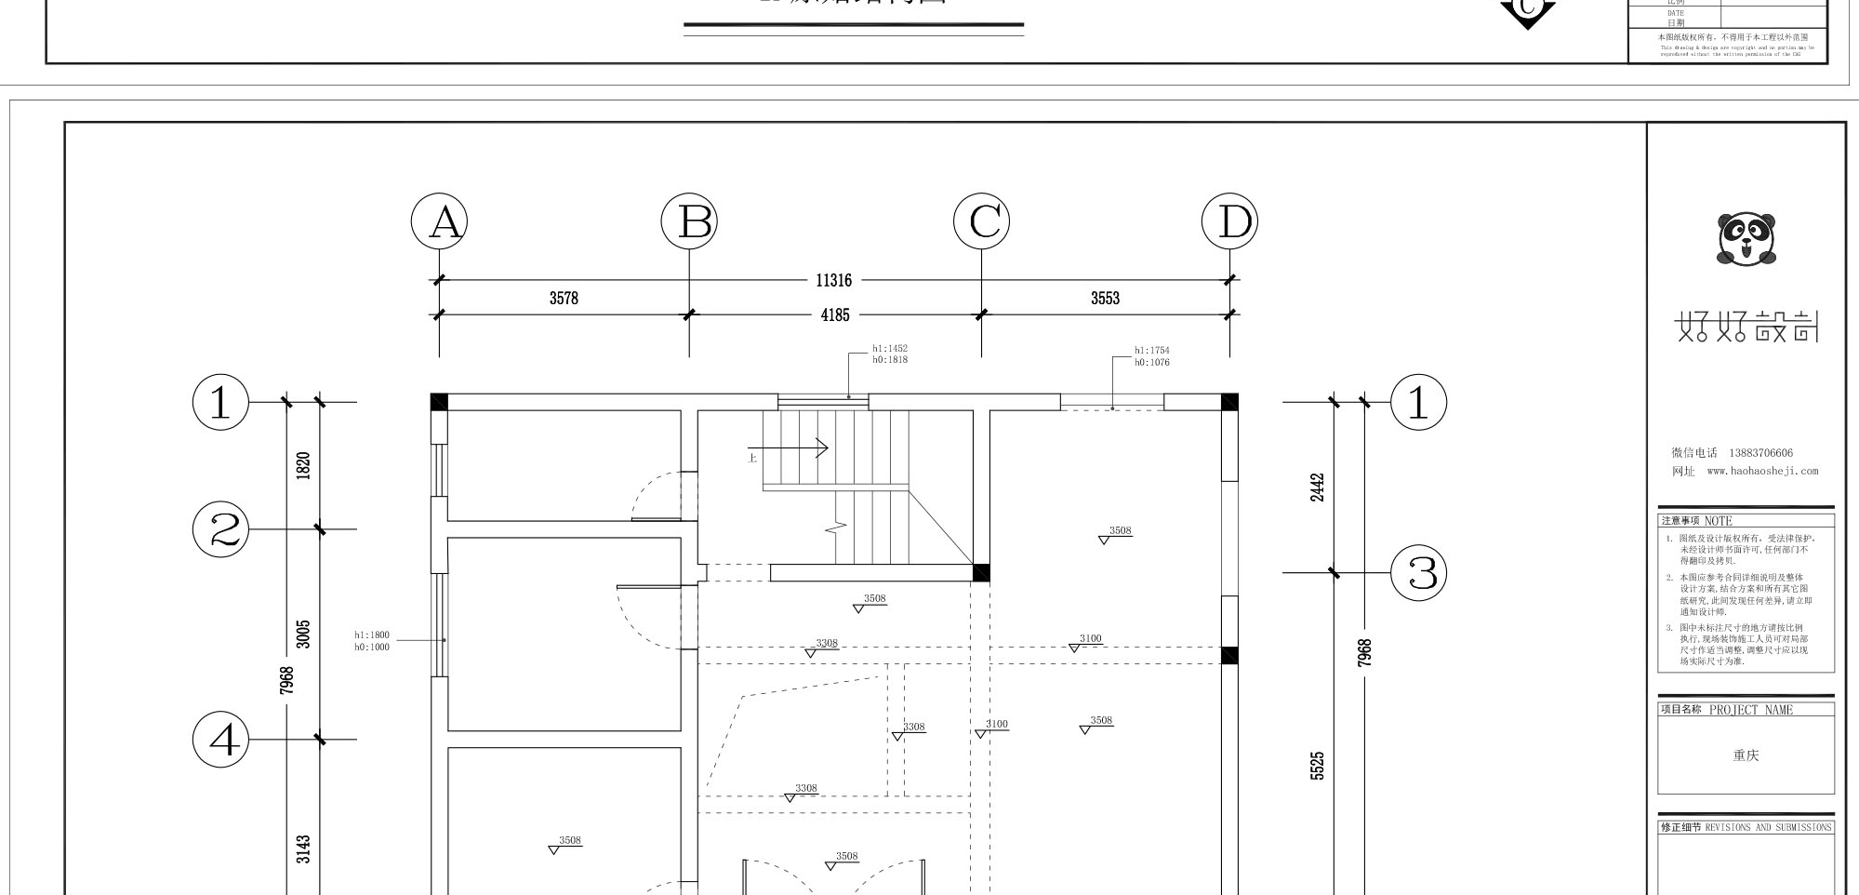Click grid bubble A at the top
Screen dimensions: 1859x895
pos(440,222)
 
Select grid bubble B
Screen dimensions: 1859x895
pos(689,222)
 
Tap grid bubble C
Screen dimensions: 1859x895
pos(982,222)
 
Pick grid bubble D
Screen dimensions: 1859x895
pos(1229,222)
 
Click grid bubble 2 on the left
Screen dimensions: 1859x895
pos(221,529)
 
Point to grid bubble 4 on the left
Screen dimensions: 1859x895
pos(221,741)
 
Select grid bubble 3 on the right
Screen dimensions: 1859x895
pos(1419,573)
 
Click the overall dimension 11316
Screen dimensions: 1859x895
pos(833,280)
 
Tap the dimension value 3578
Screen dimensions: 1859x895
pos(564,299)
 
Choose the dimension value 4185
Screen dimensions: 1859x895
pos(835,315)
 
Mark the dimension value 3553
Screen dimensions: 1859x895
pos(1105,299)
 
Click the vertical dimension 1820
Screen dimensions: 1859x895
pos(303,465)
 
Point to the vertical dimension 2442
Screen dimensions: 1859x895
pos(1317,488)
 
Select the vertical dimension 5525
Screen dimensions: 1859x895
pos(1317,766)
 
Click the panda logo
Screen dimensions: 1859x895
pos(1746,239)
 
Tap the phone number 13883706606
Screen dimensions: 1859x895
pos(1760,453)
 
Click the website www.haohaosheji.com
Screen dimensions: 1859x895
pos(1761,471)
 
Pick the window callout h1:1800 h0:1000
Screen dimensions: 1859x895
pos(372,641)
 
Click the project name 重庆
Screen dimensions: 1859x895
pos(1746,755)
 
